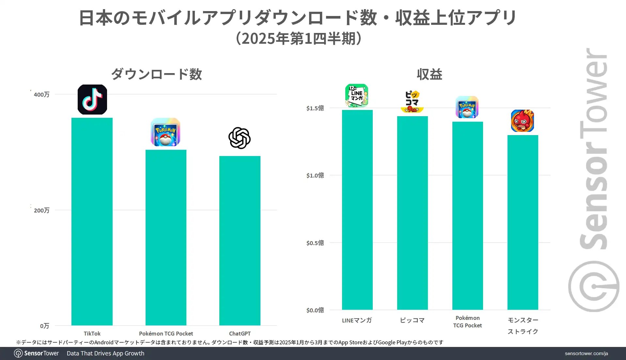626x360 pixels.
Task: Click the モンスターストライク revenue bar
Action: pyautogui.click(x=523, y=222)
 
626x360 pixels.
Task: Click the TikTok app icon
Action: pyautogui.click(x=92, y=100)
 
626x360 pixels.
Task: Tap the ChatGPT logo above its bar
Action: pyautogui.click(x=240, y=138)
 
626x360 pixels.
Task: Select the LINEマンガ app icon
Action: pyautogui.click(x=357, y=96)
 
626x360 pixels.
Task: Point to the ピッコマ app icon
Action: pyautogui.click(x=412, y=102)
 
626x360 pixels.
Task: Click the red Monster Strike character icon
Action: pyautogui.click(x=522, y=121)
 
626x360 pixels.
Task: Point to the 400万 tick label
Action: pyautogui.click(x=41, y=95)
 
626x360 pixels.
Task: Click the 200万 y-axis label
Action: pyautogui.click(x=41, y=211)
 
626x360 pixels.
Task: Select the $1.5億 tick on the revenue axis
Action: pyautogui.click(x=315, y=108)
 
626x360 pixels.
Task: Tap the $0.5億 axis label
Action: pyautogui.click(x=315, y=243)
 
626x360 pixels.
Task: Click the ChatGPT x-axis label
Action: pyautogui.click(x=240, y=334)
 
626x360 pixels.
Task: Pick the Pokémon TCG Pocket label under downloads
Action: pyautogui.click(x=166, y=334)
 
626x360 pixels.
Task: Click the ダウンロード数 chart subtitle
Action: pyautogui.click(x=157, y=74)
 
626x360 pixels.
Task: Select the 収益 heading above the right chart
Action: pyautogui.click(x=430, y=74)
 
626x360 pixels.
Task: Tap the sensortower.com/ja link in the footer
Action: pyautogui.click(x=586, y=353)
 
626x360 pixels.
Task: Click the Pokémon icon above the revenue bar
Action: pyautogui.click(x=467, y=107)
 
